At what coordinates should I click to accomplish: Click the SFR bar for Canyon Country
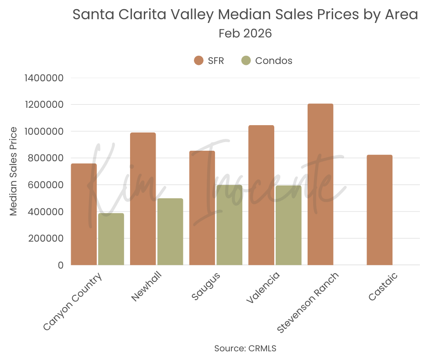[84, 214]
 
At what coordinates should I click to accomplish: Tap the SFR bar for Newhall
[143, 199]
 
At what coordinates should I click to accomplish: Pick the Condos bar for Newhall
[170, 232]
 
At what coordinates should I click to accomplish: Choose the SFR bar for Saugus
[202, 208]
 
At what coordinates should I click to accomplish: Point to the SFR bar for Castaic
[379, 210]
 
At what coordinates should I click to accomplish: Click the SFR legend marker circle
[199, 60]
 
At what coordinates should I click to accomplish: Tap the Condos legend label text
[274, 60]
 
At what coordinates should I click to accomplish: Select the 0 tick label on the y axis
[60, 265]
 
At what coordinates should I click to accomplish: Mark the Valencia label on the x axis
[263, 289]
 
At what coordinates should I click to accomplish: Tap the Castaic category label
[383, 287]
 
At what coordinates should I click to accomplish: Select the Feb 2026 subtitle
[245, 33]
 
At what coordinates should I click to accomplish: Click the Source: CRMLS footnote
[245, 348]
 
